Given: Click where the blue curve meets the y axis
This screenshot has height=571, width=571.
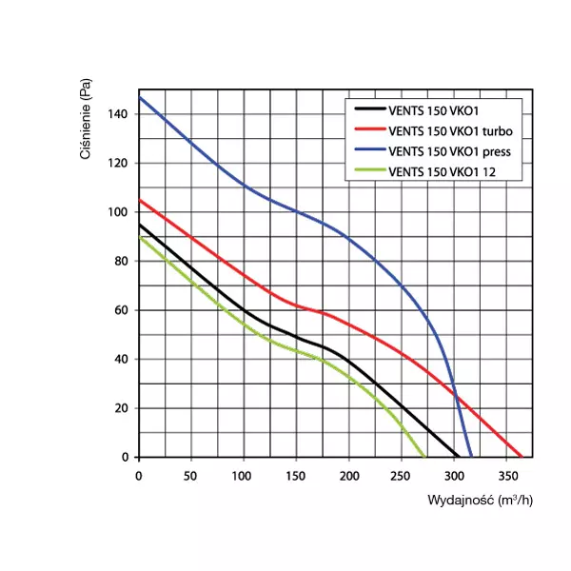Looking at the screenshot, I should [139, 97].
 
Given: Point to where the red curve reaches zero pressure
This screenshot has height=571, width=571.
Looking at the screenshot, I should [522, 457].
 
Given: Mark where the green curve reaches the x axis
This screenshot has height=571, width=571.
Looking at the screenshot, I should [424, 457].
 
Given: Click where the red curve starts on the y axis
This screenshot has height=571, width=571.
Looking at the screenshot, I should [139, 200].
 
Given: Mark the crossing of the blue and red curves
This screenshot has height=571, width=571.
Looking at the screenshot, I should [456, 396].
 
